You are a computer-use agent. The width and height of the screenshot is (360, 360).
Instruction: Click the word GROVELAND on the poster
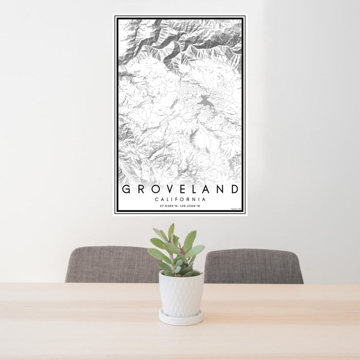(x=180, y=189)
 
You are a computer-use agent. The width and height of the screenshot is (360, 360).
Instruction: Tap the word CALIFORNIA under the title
(x=180, y=200)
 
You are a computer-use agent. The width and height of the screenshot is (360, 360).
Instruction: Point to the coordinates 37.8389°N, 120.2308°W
(x=180, y=206)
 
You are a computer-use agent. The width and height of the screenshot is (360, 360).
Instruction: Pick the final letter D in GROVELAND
(x=235, y=189)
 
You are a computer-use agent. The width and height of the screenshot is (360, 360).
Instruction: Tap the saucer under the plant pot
(x=180, y=318)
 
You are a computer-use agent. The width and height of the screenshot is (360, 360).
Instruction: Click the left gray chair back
(x=111, y=264)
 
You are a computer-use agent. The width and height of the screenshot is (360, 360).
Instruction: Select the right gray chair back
(x=253, y=265)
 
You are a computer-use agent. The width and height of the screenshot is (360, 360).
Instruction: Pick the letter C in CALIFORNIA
(x=156, y=200)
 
